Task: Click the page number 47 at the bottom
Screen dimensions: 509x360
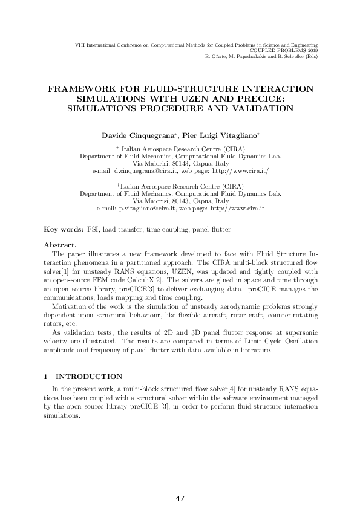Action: (180, 498)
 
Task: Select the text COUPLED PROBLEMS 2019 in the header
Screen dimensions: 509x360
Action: (284, 51)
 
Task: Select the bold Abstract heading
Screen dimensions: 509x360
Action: (61, 245)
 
